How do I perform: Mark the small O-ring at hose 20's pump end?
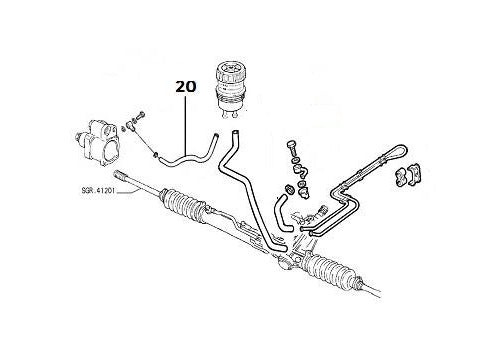pos(155,153)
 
